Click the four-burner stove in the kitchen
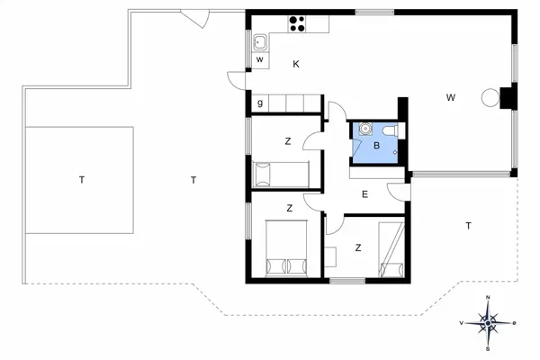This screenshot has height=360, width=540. (x=297, y=24)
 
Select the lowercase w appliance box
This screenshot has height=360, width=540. (x=260, y=60)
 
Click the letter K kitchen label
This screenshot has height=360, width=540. (x=296, y=64)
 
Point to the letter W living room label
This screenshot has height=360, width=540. (x=451, y=98)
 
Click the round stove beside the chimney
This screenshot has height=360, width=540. (x=490, y=97)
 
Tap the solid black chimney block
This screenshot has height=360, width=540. (x=508, y=98)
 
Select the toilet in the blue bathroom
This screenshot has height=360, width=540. (x=392, y=131)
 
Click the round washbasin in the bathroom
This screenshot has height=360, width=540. (x=364, y=129)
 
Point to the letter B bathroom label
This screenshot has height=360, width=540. (x=376, y=146)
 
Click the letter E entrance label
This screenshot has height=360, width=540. (x=364, y=194)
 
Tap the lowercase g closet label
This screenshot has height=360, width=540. (x=260, y=103)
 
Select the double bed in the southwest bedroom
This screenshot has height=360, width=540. (x=286, y=248)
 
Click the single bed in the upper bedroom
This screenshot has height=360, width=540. (x=281, y=175)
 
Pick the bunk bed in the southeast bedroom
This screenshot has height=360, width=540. (x=391, y=249)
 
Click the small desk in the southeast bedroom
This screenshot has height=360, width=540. (x=330, y=256)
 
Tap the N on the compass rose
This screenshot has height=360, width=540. (x=488, y=297)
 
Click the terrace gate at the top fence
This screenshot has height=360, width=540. (x=195, y=18)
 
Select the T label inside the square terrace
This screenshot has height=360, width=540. (x=82, y=180)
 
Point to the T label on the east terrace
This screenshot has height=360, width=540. (x=468, y=226)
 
